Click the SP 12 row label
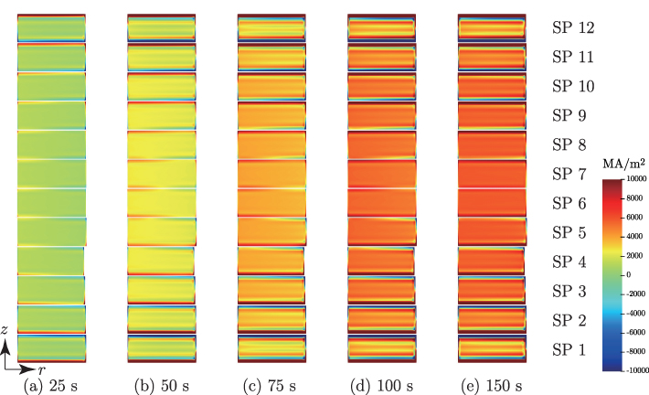pos(572,27)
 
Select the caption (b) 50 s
pos(161,384)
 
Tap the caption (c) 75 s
pos(271,384)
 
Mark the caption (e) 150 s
pos(492,384)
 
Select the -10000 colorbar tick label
pos(633,370)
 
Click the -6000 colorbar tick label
pos(633,332)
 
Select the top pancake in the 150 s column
pos(492,27)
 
